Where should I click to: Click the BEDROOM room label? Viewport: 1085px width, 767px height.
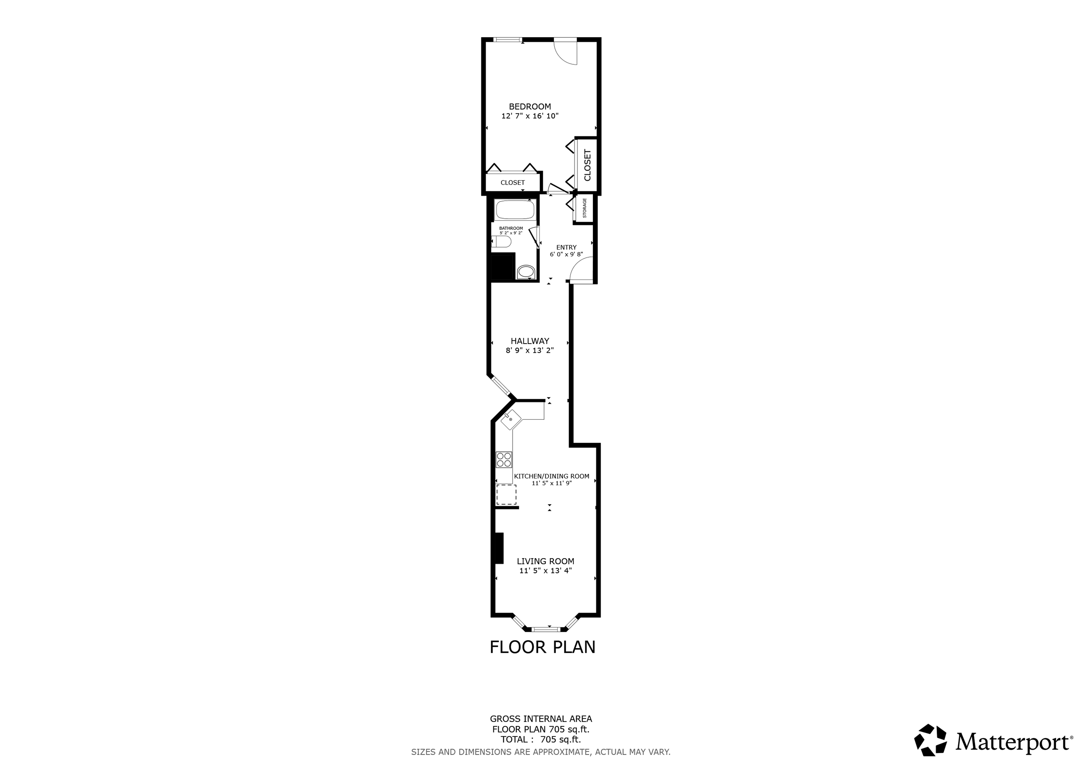pos(530,107)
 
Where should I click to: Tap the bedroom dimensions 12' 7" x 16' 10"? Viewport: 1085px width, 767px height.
pos(530,116)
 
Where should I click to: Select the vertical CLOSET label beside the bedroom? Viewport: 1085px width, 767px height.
pos(587,165)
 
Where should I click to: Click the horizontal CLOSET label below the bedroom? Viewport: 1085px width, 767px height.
pos(513,183)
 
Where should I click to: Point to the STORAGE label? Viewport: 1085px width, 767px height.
pos(585,208)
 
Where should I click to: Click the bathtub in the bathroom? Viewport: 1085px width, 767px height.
pos(515,209)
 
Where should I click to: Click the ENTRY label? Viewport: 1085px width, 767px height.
pos(566,247)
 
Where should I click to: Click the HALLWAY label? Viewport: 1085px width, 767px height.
pos(530,341)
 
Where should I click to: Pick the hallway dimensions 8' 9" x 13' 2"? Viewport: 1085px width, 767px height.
pos(530,351)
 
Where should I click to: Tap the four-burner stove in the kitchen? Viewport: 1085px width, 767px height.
pos(504,460)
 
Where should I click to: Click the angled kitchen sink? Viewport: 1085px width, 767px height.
pos(511,420)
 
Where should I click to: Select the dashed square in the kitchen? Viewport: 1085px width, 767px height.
pos(506,494)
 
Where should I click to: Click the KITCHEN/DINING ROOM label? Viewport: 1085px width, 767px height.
pos(551,476)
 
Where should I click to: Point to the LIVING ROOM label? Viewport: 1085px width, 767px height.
pos(545,561)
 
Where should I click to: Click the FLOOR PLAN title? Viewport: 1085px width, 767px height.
pos(542,647)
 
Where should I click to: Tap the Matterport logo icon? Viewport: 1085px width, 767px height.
pos(930,753)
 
